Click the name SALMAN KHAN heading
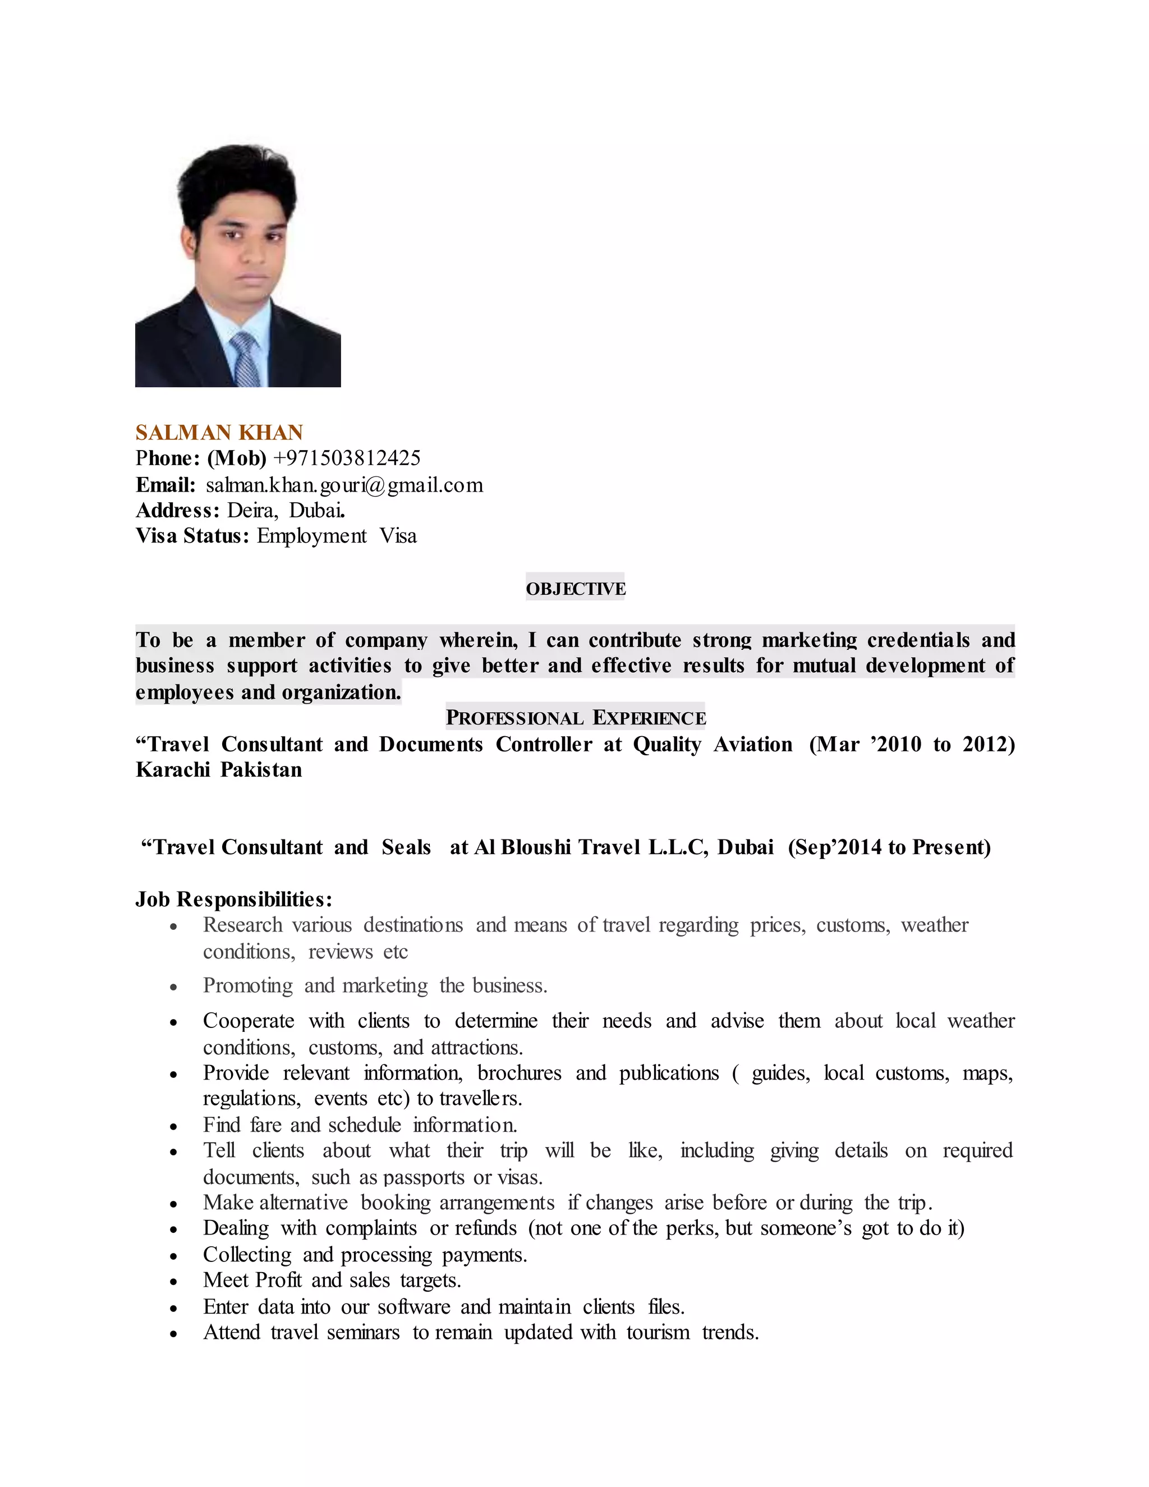pos(219,432)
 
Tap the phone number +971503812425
pos(347,458)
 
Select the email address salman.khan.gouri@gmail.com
pos(344,485)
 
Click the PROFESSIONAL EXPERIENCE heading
pos(575,718)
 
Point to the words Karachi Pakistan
pos(218,770)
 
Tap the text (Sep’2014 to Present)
pos(889,847)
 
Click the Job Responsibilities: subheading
pos(233,899)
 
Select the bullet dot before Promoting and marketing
pos(174,987)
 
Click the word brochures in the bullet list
pos(520,1073)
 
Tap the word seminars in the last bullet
pos(363,1333)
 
